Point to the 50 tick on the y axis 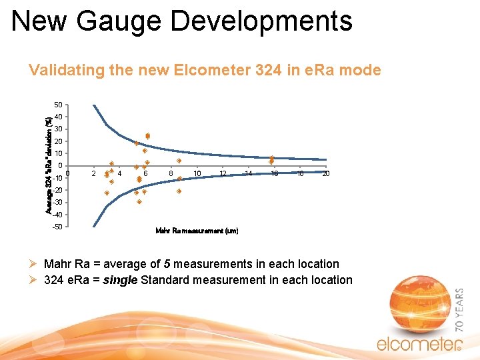(x=58, y=105)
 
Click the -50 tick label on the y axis (x=57, y=227)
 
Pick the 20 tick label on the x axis (x=325, y=174)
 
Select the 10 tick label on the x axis (x=197, y=174)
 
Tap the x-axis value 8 (x=171, y=174)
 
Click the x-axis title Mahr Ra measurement (x=196, y=231)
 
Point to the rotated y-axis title (x=49, y=165)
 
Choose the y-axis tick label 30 (x=58, y=129)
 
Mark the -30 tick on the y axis (x=57, y=203)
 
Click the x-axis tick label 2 (x=93, y=174)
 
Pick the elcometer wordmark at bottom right (x=417, y=344)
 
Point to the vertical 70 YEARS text (x=460, y=310)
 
